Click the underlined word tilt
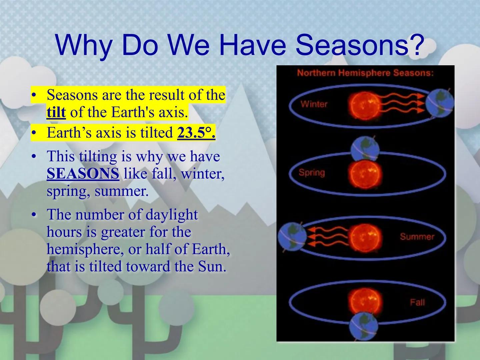pyautogui.click(x=56, y=113)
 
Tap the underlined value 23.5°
pyautogui.click(x=196, y=133)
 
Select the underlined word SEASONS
pyautogui.click(x=83, y=174)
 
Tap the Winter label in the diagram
pyautogui.click(x=314, y=104)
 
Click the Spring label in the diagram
pyautogui.click(x=312, y=173)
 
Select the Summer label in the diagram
pyautogui.click(x=417, y=237)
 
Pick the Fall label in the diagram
pyautogui.click(x=417, y=302)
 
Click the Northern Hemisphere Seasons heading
pyautogui.click(x=365, y=73)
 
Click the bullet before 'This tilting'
pyautogui.click(x=33, y=157)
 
